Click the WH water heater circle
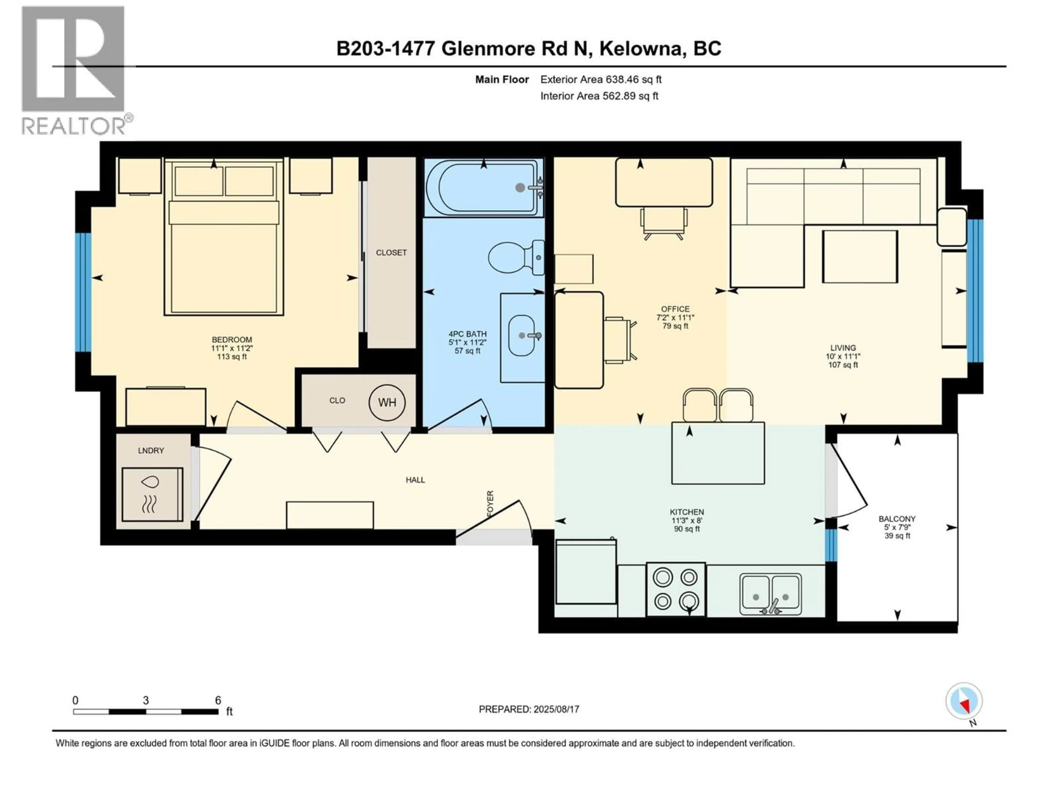pos(387,402)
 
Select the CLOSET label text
pos(391,253)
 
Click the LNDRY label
pos(151,451)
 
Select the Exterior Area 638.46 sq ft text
pos(601,79)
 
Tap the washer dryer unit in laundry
pos(152,495)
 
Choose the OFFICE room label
pos(675,309)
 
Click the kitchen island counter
pos(718,453)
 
